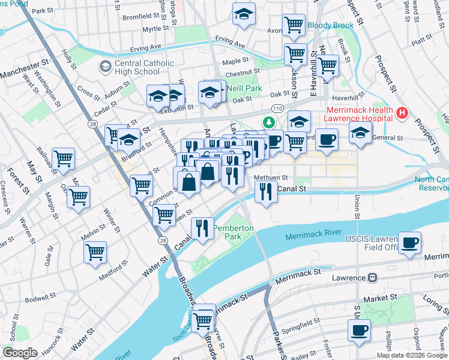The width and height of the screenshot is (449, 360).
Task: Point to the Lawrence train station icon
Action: click(x=372, y=278)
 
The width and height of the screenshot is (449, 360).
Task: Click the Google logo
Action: click(x=20, y=353)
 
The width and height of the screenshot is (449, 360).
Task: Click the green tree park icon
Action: click(x=269, y=122)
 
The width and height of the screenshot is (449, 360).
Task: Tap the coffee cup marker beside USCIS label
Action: click(x=410, y=242)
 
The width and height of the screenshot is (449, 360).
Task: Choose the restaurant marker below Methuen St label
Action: click(x=265, y=193)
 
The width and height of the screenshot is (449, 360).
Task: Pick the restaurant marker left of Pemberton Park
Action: click(x=202, y=229)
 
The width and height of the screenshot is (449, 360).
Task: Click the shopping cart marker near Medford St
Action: click(x=95, y=253)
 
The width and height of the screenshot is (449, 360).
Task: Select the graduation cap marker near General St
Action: click(x=360, y=134)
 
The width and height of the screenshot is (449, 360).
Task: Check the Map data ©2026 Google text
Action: click(x=411, y=355)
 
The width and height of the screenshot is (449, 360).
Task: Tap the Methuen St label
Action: click(x=271, y=178)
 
